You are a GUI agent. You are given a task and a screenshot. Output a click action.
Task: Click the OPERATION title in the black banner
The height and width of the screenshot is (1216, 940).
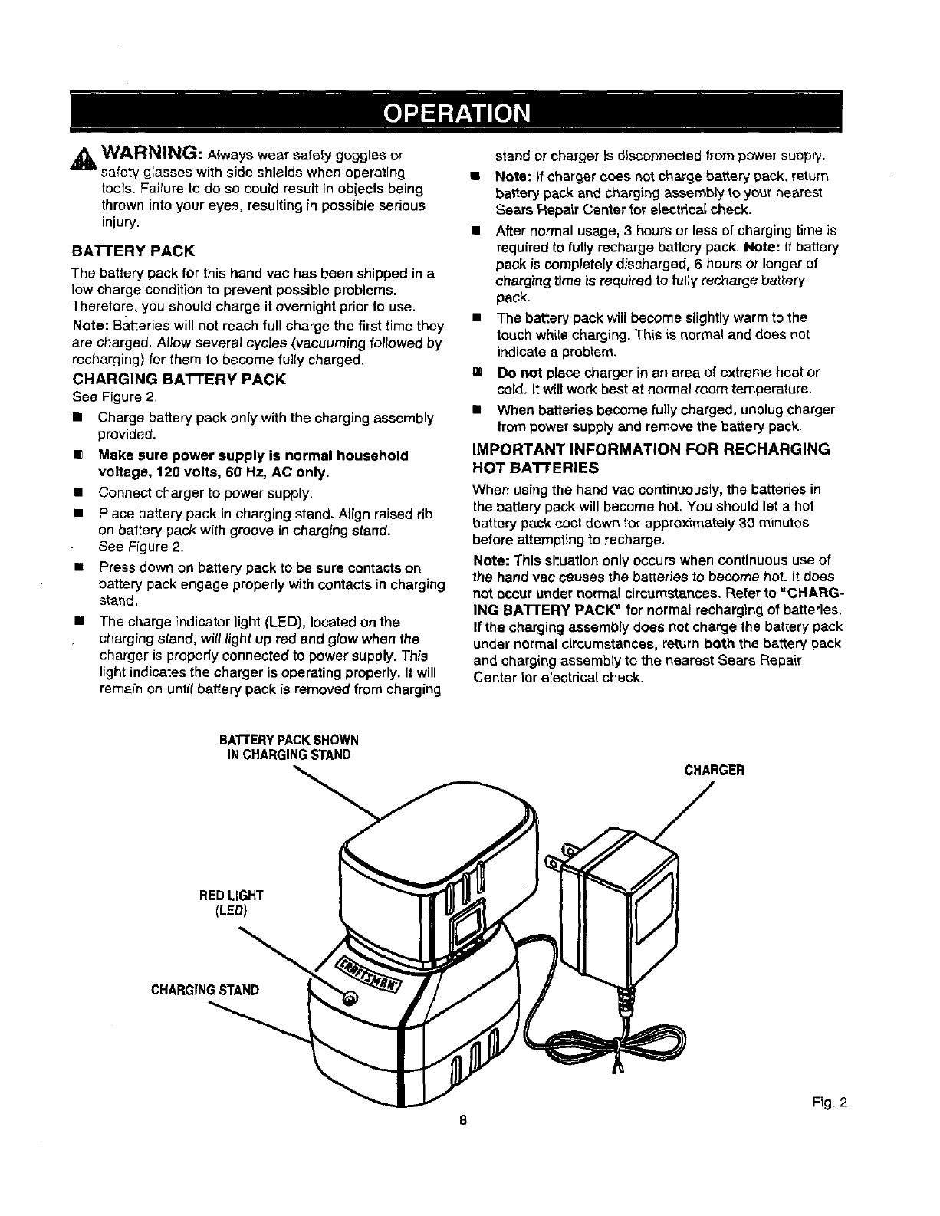[x=456, y=112]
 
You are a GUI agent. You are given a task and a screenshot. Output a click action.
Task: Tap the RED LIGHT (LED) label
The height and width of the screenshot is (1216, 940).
[x=232, y=902]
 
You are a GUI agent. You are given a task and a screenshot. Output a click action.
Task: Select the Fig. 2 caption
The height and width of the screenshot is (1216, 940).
[x=830, y=1104]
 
